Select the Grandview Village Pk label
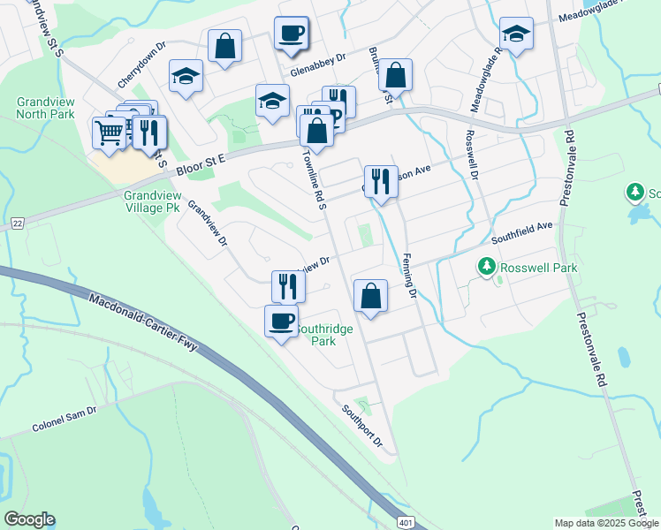152,202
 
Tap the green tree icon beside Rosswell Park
486,266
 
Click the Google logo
29,519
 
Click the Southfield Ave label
521,232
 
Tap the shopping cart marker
108,133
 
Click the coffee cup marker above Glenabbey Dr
291,34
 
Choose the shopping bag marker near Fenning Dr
370,296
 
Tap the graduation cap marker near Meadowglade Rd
516,34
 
